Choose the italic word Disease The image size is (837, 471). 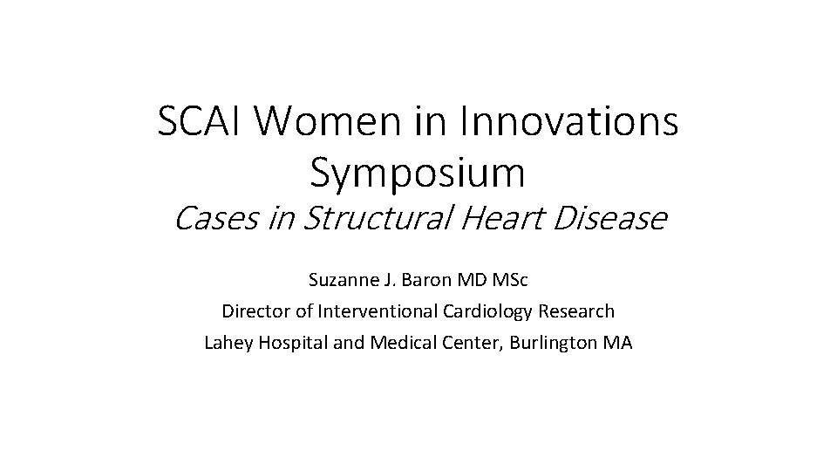point(610,219)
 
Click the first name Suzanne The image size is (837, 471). point(339,281)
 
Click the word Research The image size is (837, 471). point(581,311)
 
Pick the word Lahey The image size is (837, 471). point(226,343)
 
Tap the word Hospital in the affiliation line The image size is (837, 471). point(288,343)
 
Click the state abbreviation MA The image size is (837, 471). point(618,343)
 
